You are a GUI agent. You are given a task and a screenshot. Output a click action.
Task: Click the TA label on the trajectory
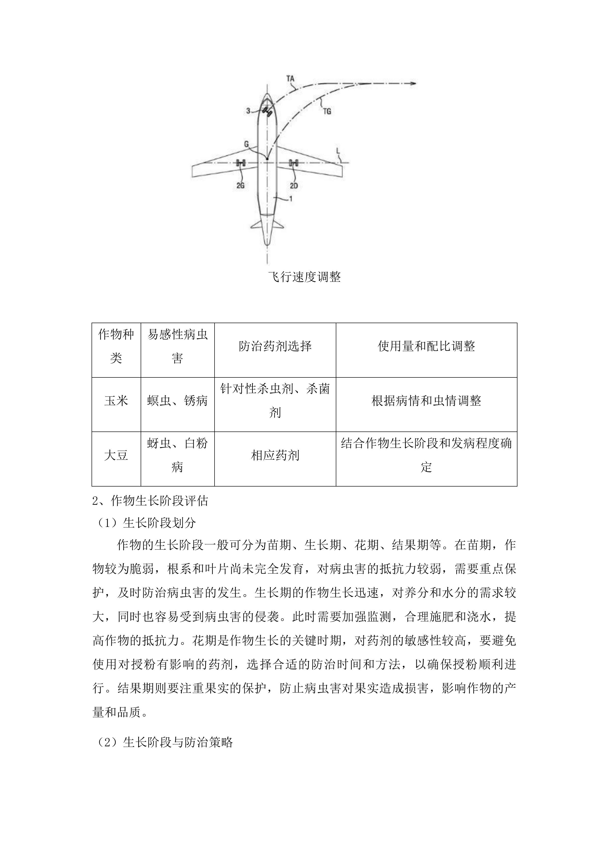coord(290,79)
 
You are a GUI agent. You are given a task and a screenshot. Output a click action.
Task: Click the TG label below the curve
coord(327,111)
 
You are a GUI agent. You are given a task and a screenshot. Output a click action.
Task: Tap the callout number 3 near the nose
coord(248,111)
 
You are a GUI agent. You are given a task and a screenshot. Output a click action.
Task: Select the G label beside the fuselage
coord(246,144)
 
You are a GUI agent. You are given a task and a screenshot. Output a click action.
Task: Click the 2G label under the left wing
coord(240,186)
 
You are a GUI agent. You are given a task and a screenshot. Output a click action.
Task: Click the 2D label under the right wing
coord(294,186)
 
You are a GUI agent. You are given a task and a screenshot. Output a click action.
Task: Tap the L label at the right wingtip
coord(338,151)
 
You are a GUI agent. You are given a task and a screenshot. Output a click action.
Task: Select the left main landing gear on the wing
coord(240,163)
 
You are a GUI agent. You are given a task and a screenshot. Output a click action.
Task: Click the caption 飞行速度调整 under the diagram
coord(304,277)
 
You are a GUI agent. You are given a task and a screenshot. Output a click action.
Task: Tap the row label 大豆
coord(116,455)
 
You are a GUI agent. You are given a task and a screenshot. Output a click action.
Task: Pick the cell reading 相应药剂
coord(275,455)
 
